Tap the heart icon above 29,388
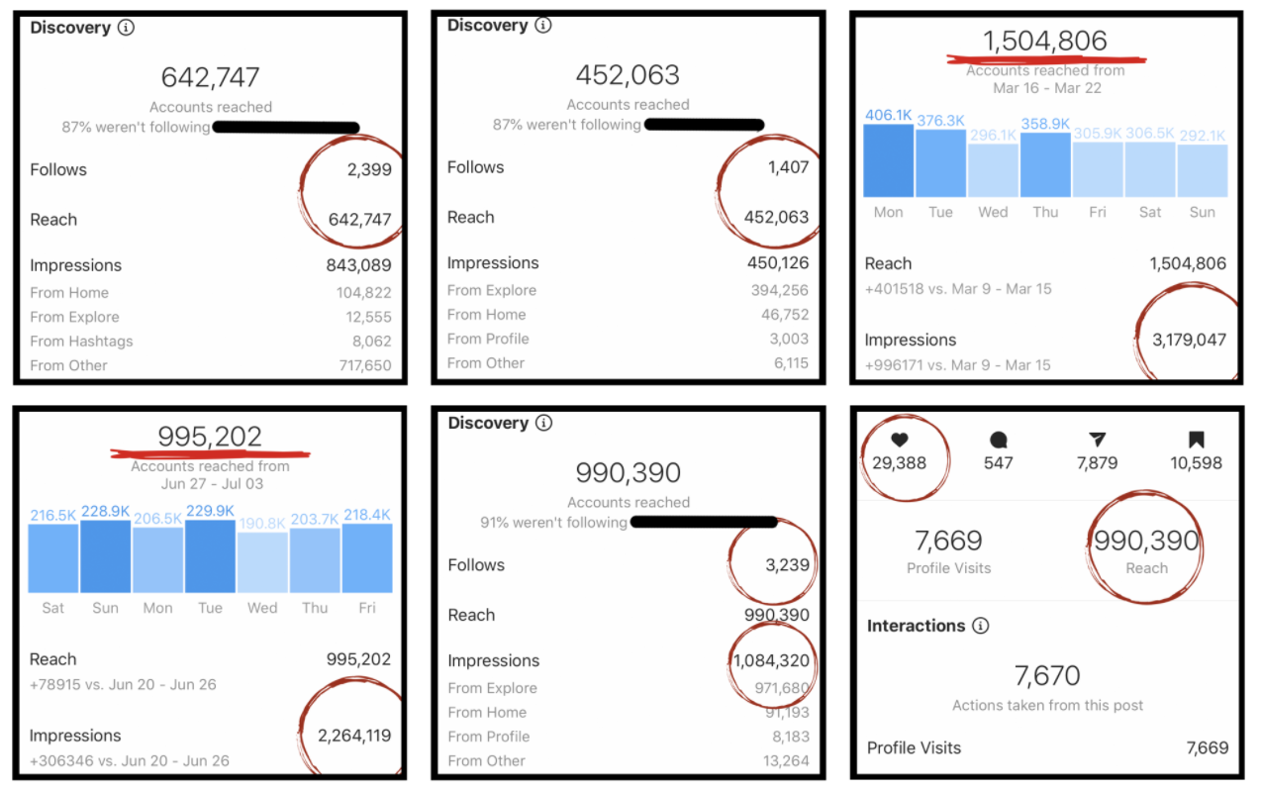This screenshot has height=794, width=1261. click(899, 441)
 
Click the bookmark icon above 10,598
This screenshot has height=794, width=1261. click(1196, 441)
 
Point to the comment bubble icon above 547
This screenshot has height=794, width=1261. click(998, 441)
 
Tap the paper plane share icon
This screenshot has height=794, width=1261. click(1097, 441)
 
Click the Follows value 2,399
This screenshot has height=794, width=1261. click(369, 169)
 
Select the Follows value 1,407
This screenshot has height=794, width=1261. click(787, 167)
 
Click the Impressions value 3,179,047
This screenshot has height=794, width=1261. click(1188, 340)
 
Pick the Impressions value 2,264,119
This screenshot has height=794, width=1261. click(353, 736)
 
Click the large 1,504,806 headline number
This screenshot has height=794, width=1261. click(1044, 41)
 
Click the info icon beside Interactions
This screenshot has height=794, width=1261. click(980, 626)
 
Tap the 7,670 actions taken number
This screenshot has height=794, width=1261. click(1047, 676)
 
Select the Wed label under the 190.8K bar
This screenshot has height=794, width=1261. click(262, 608)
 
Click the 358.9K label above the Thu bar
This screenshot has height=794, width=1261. click(1045, 123)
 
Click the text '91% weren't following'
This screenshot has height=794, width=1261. click(553, 522)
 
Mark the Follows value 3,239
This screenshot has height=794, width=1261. click(787, 565)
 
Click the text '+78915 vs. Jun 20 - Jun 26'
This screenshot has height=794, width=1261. click(123, 684)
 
